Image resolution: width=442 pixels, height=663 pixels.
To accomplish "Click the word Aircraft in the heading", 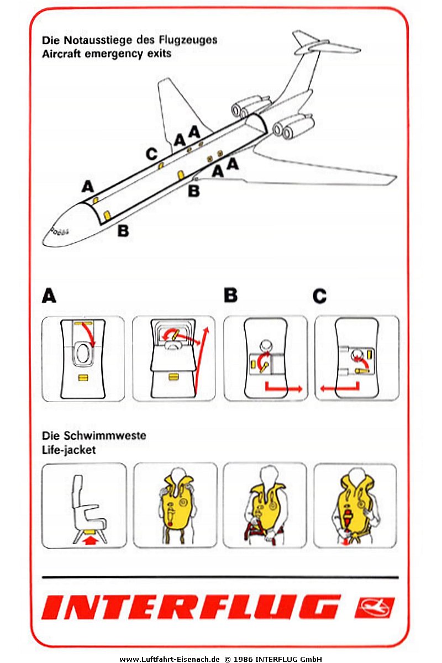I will click(60, 54).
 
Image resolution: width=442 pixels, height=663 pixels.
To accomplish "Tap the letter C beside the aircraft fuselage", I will click(151, 154).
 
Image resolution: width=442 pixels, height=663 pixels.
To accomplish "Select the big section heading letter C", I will click(319, 297).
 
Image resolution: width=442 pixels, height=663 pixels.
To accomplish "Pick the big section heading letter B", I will click(230, 296).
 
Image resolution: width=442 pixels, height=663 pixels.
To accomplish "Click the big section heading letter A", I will click(49, 297).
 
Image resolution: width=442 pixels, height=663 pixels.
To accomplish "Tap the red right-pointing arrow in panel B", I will click(285, 388).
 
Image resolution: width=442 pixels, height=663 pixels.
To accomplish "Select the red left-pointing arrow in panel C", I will click(337, 388).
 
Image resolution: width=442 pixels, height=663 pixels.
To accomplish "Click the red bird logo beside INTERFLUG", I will click(374, 608).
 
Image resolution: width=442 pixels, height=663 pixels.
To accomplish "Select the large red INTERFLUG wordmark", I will click(191, 608).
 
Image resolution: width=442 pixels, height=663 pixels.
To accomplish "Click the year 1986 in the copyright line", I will click(244, 659).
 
